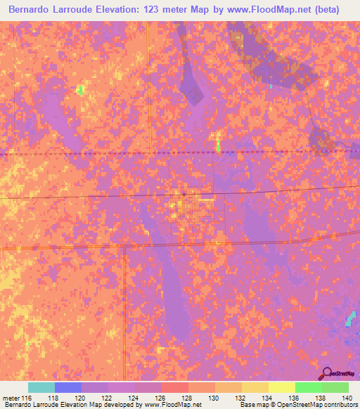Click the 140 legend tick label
(346, 398)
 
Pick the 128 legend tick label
(186, 398)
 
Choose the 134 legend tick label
(266, 398)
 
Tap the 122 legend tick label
(105, 398)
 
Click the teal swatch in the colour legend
(41, 387)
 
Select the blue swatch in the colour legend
(68, 387)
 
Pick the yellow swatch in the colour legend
(282, 387)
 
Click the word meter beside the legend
(12, 398)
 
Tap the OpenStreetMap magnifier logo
(327, 374)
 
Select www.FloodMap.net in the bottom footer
(170, 405)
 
